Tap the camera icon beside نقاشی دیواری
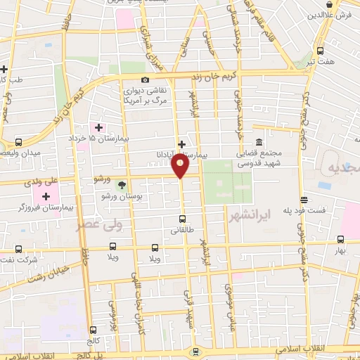pyautogui.click(x=146, y=80)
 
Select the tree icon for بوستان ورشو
pyautogui.click(x=122, y=186)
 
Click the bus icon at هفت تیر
pyautogui.click(x=321, y=51)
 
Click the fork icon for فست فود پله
pyautogui.click(x=303, y=200)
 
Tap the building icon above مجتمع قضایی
pyautogui.click(x=259, y=142)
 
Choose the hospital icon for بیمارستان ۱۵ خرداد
pyautogui.click(x=98, y=127)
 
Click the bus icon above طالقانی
pyautogui.click(x=182, y=218)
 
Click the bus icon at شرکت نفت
pyautogui.click(x=18, y=249)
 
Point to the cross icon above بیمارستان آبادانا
pyautogui.click(x=181, y=143)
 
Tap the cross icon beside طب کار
pyautogui.click(x=4, y=69)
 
